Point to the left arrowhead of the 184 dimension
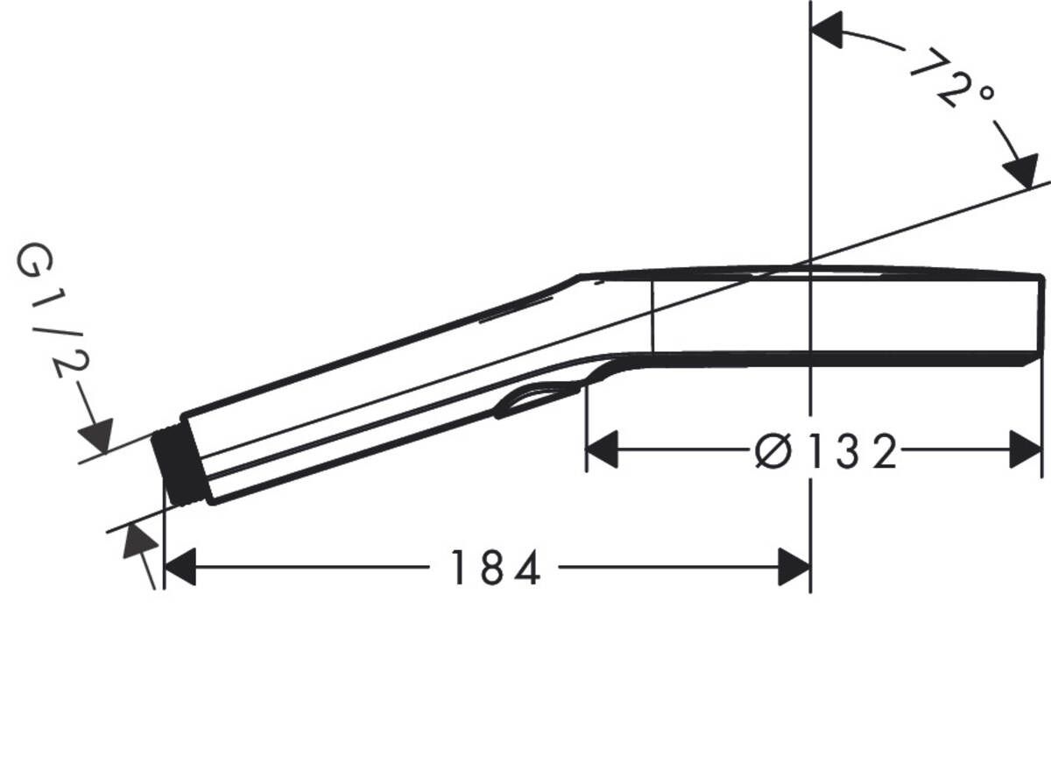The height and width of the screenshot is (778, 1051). [x=180, y=569]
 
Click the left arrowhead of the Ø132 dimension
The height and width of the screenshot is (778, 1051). [x=602, y=449]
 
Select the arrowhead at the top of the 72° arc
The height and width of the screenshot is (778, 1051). [x=828, y=30]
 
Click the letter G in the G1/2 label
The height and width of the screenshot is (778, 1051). [x=33, y=262]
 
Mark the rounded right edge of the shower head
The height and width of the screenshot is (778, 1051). [x=1040, y=315]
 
